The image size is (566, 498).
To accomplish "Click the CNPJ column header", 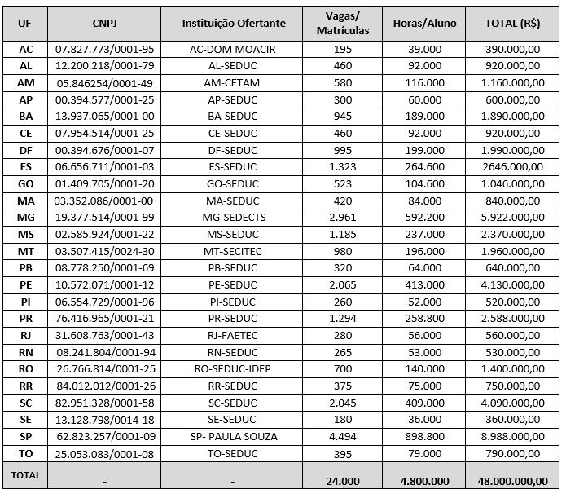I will [x=103, y=23].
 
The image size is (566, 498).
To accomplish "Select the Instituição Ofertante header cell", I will [x=232, y=23].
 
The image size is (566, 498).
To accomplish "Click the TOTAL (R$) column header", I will [x=513, y=23].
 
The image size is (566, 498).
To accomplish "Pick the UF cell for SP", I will [x=25, y=436].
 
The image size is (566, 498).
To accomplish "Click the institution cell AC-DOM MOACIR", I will [x=232, y=50].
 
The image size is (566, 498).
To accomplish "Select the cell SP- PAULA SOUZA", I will [x=232, y=436].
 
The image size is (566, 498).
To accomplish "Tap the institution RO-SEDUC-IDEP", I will [x=232, y=369].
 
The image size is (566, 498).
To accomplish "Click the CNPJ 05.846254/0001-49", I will [x=103, y=83].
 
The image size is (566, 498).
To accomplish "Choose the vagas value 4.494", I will [x=342, y=436].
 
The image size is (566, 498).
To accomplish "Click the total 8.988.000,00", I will [x=513, y=436].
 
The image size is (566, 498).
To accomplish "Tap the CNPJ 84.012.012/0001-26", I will [x=103, y=386].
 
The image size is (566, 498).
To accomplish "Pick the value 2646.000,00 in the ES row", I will [x=513, y=167].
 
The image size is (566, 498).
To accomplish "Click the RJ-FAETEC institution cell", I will [x=232, y=335].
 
